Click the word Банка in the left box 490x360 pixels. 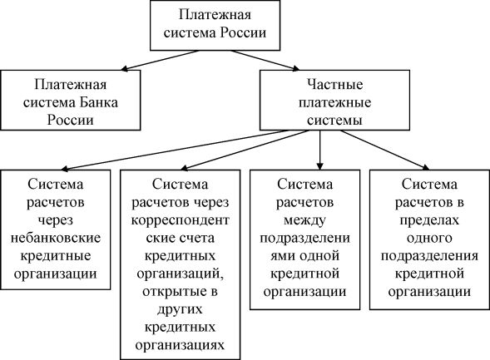(98, 102)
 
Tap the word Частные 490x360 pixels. (334, 84)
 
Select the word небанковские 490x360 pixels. (56, 238)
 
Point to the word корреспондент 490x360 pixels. (180, 220)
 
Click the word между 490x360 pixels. (304, 220)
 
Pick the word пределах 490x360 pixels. (429, 220)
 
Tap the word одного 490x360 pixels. (429, 238)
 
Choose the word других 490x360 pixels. (180, 309)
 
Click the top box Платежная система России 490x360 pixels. (215, 25)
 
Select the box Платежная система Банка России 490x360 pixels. (71, 100)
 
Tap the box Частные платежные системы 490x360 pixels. (334, 100)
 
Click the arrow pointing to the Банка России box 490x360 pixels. (161, 60)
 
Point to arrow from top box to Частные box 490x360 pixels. (265, 60)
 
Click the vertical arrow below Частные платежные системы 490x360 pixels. (319, 150)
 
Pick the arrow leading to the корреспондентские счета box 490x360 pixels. (245, 150)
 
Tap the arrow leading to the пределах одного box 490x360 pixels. (385, 150)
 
